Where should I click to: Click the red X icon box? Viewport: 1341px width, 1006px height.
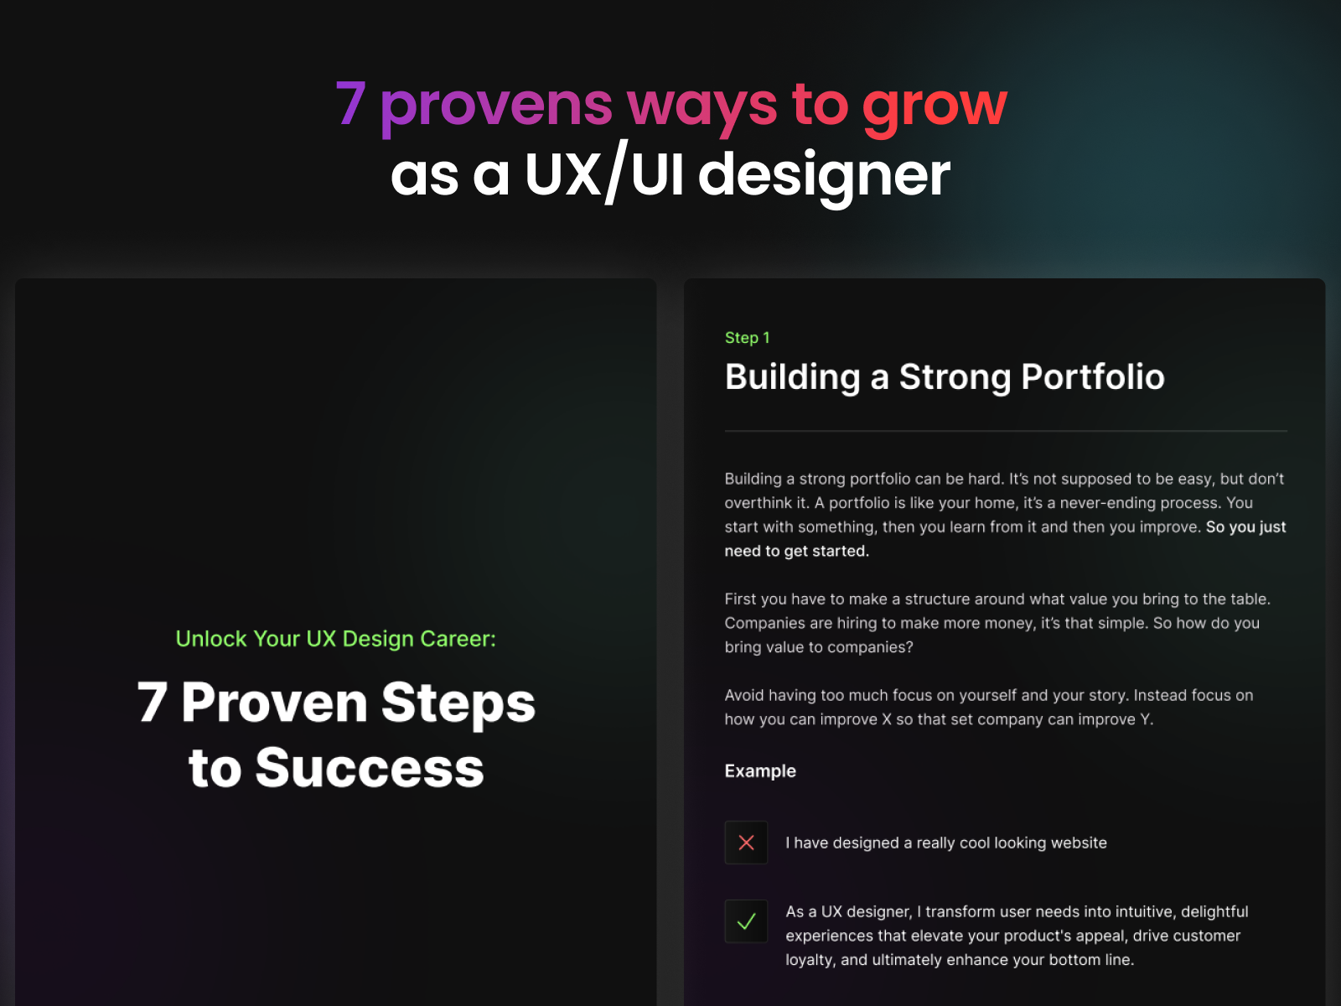(746, 843)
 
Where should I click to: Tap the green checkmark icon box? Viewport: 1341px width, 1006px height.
(746, 921)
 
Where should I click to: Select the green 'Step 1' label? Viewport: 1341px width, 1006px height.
(747, 338)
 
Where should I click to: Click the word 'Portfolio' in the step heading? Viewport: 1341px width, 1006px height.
(1093, 376)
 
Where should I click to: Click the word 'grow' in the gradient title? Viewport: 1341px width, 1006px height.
(935, 106)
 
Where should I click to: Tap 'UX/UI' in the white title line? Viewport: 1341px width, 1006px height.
(603, 174)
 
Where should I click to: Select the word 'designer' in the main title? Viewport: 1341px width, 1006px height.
(824, 177)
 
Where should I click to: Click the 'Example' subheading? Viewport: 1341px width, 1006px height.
(760, 770)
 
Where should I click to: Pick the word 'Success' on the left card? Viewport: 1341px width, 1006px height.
(370, 768)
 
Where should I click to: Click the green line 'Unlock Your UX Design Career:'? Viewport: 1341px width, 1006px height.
(335, 638)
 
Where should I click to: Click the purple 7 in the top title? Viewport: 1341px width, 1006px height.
(350, 104)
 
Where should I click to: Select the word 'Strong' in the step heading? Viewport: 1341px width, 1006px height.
(955, 377)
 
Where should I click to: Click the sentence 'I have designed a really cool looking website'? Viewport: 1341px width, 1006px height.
(945, 843)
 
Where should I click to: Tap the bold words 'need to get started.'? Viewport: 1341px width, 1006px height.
(797, 551)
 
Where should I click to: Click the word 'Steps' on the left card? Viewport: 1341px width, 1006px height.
(458, 703)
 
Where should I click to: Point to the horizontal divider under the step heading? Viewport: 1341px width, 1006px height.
(1006, 431)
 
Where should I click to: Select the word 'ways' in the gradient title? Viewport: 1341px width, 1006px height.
(702, 106)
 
